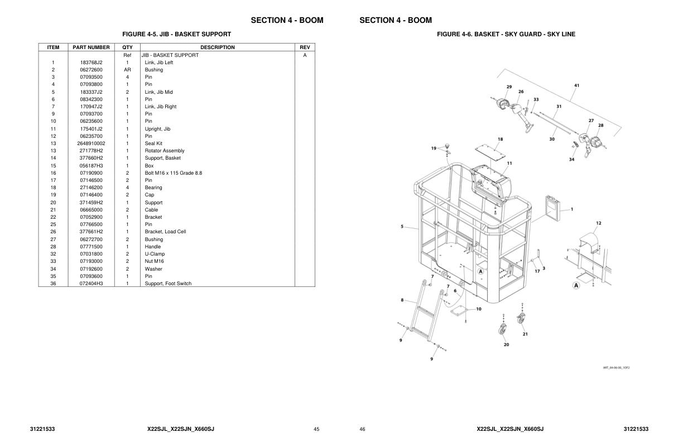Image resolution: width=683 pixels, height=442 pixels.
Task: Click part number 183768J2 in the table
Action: coord(91,63)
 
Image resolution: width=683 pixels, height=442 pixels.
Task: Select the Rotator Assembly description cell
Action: coord(165,151)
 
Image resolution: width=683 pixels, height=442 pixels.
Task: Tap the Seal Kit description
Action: coord(153,143)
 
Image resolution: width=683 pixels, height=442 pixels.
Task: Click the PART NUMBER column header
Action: coord(91,47)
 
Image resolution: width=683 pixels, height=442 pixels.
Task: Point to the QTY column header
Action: coord(127,47)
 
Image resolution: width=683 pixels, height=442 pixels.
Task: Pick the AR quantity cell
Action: coord(127,70)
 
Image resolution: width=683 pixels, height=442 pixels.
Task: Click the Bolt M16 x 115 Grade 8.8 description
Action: coord(174,173)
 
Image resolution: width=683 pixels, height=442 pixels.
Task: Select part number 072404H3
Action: coord(91,284)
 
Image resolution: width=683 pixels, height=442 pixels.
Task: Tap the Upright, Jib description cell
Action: coord(157,129)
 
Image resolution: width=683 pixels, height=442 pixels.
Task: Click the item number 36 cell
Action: coord(53,284)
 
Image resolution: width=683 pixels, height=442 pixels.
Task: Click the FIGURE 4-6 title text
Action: coord(506,34)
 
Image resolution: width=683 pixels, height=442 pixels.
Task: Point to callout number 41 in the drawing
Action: coord(576,85)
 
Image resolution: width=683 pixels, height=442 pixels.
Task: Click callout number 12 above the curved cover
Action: coord(598,223)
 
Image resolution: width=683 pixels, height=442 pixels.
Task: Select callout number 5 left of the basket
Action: coord(402,227)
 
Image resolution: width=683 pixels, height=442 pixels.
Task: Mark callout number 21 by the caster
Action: coord(525,334)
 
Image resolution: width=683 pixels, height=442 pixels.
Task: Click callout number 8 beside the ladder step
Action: coord(402,300)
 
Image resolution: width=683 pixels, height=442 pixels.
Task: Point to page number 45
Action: coord(316,429)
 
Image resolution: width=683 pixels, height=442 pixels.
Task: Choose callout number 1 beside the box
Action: coord(571,209)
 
